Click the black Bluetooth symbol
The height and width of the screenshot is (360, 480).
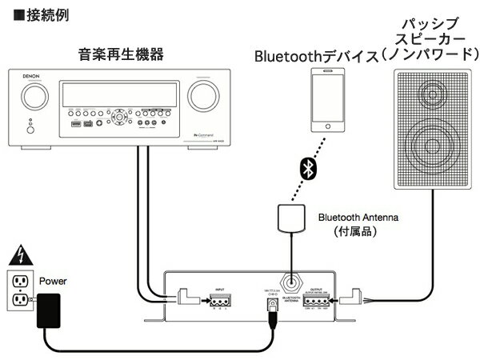[x=305, y=168]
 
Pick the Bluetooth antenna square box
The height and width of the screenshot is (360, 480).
[x=291, y=219]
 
